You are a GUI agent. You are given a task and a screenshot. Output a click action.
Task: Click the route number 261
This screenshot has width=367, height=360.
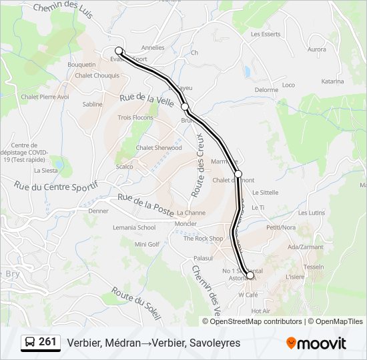tap(47, 342)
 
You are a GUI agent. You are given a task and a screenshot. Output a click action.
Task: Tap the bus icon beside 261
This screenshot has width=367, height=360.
tap(30, 343)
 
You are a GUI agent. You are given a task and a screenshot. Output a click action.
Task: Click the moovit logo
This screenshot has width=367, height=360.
tap(316, 343)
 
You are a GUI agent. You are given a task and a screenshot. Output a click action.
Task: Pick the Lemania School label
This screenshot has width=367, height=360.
tap(134, 227)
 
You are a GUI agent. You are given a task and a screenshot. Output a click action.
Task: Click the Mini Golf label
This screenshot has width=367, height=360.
tap(147, 244)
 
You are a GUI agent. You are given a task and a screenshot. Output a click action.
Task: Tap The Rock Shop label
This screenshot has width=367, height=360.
tap(203, 238)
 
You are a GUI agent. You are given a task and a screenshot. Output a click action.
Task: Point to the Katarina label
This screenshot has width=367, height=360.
tap(332, 81)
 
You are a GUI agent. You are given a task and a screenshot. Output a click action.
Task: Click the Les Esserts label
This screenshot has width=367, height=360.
tap(266, 33)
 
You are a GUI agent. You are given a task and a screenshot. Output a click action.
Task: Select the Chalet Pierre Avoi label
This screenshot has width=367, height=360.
tap(45, 97)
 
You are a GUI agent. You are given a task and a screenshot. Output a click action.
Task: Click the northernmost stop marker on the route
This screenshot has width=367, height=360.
tap(119, 51)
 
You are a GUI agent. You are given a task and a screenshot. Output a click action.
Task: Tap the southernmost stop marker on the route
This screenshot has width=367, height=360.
tap(250, 275)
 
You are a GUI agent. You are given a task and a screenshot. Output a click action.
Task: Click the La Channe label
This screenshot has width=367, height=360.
tap(192, 213)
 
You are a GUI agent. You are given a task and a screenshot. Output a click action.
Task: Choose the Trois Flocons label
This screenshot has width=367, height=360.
tap(135, 117)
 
